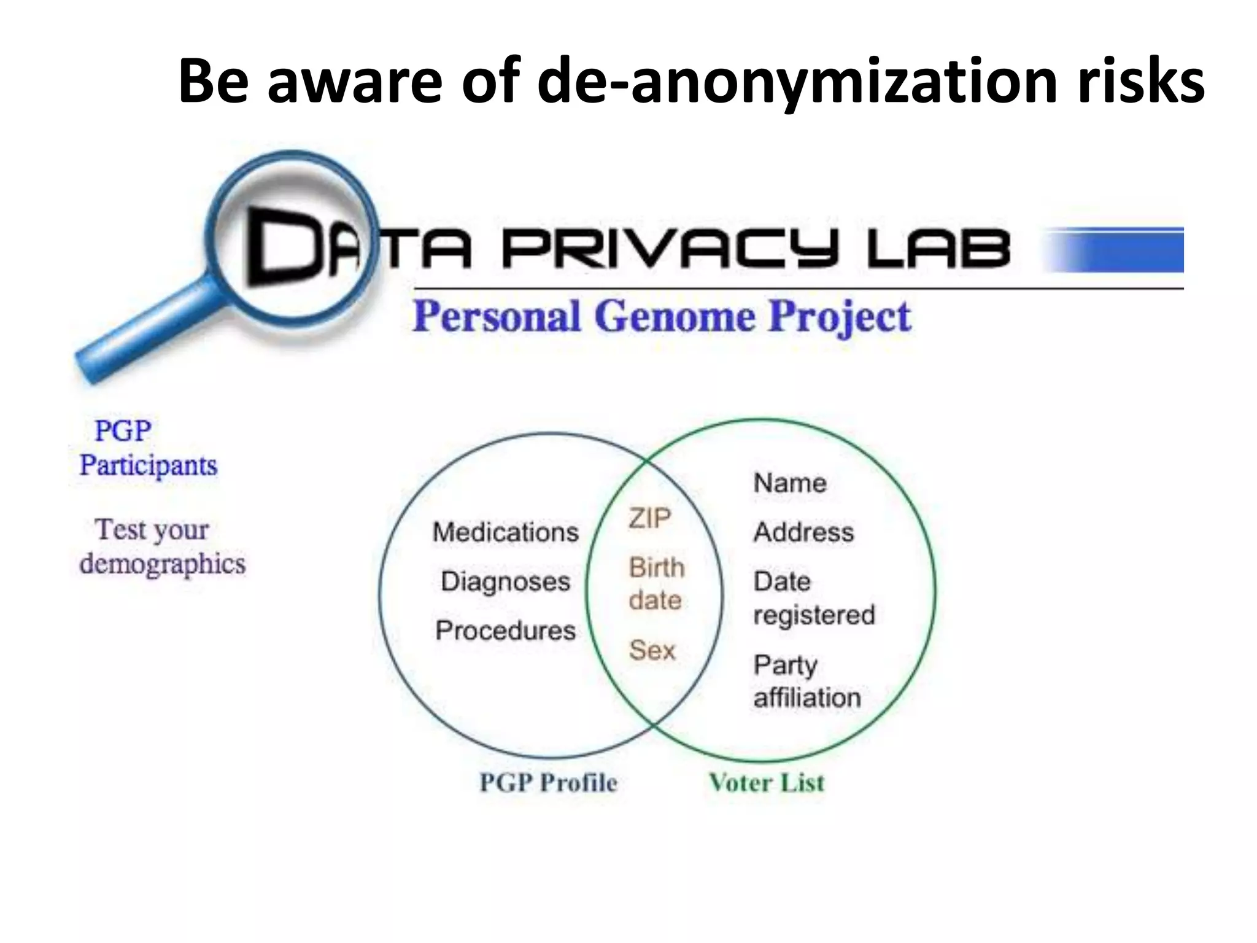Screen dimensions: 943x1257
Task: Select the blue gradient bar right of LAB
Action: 1115,250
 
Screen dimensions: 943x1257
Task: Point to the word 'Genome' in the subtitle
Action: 675,317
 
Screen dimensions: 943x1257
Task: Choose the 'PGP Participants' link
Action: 147,448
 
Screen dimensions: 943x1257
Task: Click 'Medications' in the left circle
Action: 505,532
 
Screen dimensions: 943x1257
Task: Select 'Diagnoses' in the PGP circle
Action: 505,581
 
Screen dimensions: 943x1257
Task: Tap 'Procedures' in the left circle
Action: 505,631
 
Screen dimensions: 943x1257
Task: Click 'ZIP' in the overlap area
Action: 649,519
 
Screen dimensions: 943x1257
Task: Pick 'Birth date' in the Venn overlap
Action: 656,584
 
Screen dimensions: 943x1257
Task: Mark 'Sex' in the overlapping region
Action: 652,650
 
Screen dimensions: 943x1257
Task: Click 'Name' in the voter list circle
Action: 790,483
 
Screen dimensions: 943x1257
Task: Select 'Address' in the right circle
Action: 803,532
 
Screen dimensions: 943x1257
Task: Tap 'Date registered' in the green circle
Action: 813,598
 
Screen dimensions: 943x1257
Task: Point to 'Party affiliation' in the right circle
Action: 806,681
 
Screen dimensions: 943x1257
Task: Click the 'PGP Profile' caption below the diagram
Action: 548,783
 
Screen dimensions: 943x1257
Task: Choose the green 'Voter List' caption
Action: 767,783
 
